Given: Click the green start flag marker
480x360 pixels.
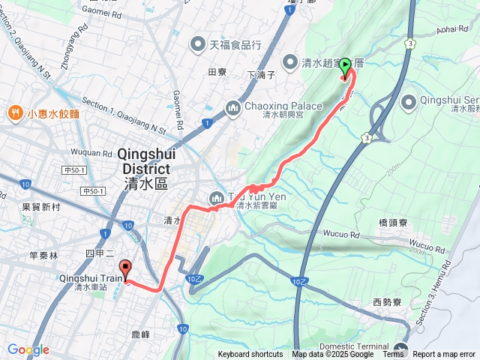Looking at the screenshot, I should click(x=346, y=68).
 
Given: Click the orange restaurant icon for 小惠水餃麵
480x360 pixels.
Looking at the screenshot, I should click(x=15, y=113).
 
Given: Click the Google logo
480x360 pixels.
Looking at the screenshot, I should click(x=28, y=349).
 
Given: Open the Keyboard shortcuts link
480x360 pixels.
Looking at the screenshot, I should click(x=250, y=355).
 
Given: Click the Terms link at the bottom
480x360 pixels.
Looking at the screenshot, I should click(x=393, y=355).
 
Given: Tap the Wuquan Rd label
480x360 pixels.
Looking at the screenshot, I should click(x=94, y=152).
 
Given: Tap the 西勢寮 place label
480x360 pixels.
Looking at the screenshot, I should click(x=388, y=301).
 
